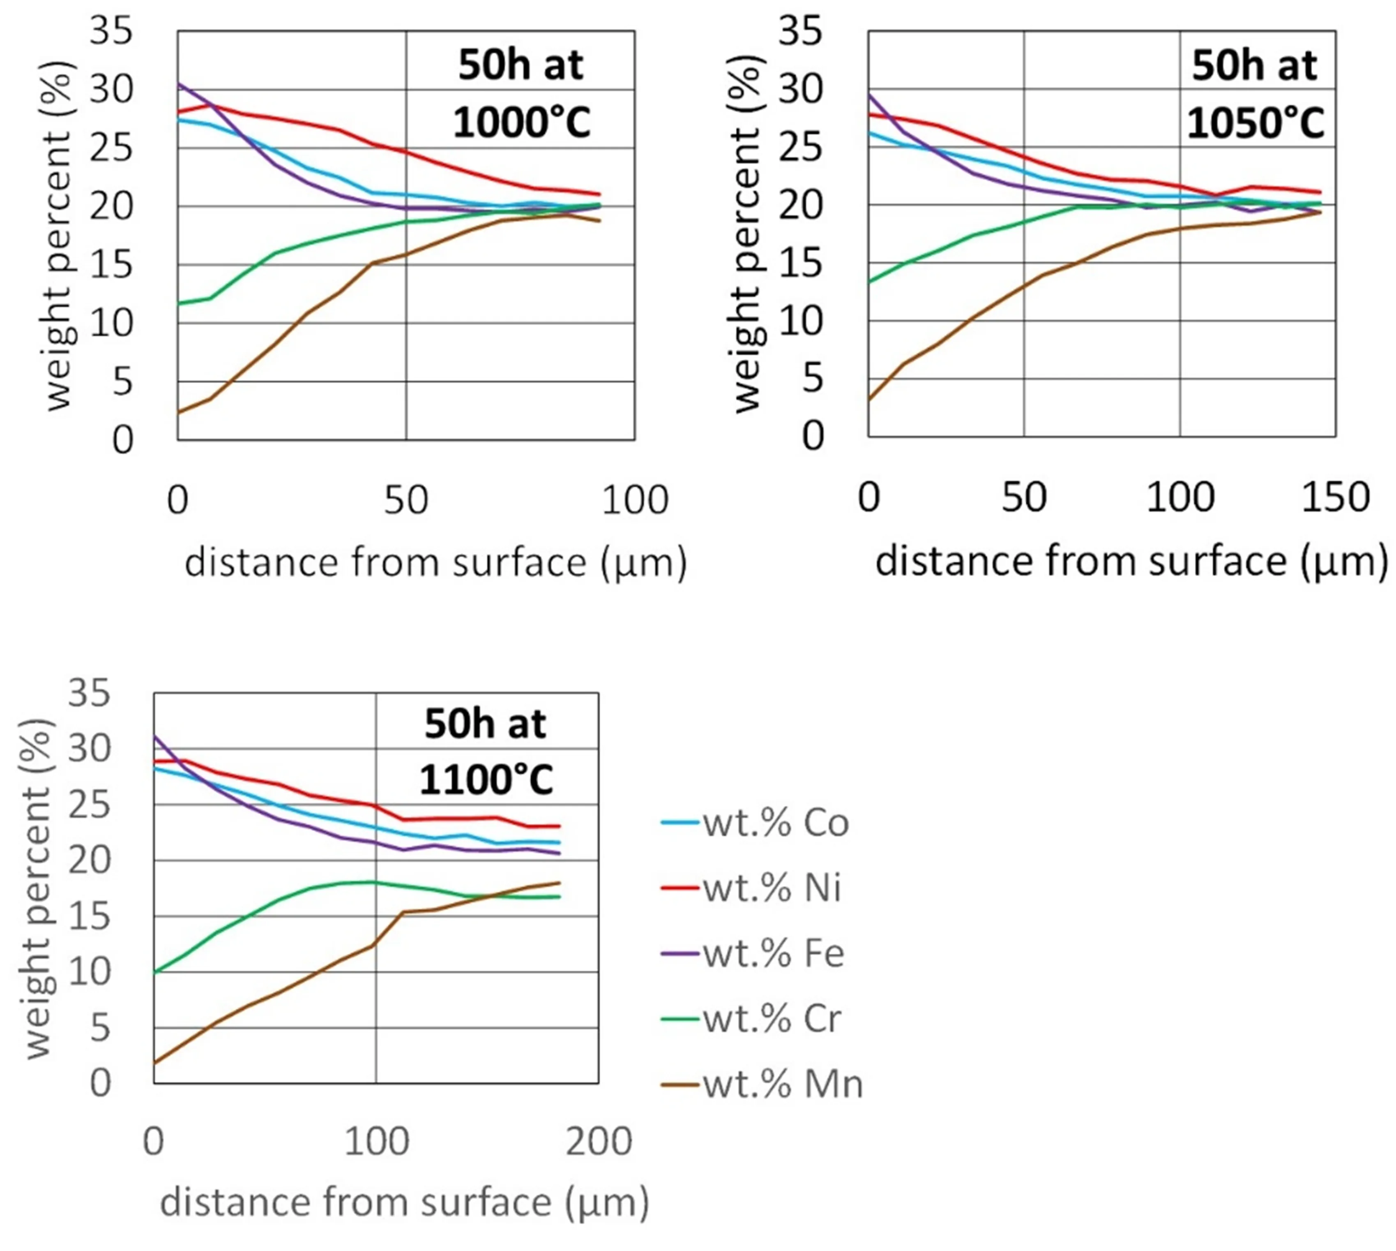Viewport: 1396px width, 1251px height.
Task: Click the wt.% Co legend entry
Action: click(x=756, y=822)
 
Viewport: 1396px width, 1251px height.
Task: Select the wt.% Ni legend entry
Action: click(x=752, y=888)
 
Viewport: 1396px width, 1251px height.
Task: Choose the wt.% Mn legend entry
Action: click(x=763, y=1084)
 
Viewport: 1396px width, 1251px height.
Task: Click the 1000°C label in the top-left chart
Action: click(x=521, y=124)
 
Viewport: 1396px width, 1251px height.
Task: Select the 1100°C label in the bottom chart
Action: click(x=486, y=781)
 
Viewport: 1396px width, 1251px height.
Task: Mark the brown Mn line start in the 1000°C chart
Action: click(x=179, y=412)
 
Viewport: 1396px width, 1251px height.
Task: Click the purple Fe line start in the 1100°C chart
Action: click(x=154, y=737)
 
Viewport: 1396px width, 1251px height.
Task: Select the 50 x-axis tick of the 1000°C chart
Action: click(x=406, y=500)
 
